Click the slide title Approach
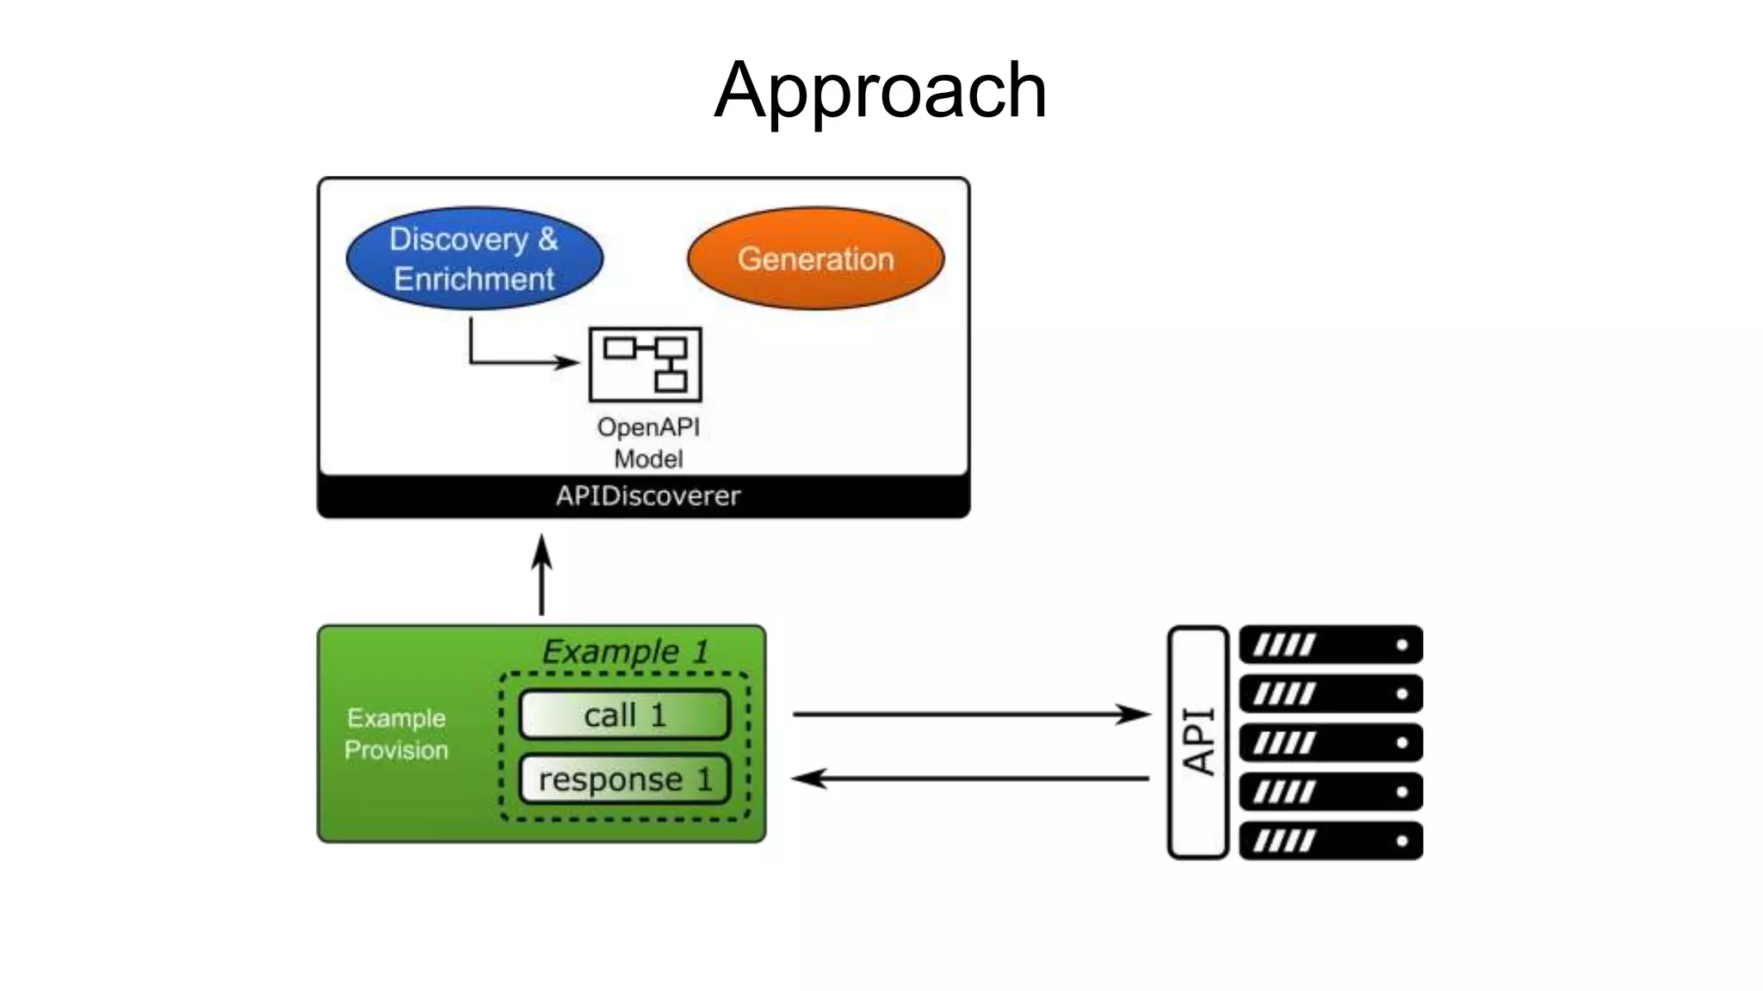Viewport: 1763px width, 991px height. pyautogui.click(x=881, y=91)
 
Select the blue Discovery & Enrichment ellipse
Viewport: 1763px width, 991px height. pyautogui.click(x=474, y=258)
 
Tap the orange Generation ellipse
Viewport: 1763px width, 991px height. pyautogui.click(x=815, y=258)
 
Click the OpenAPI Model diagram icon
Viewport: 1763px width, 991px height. pyautogui.click(x=645, y=364)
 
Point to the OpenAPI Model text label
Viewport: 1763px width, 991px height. pyautogui.click(x=648, y=442)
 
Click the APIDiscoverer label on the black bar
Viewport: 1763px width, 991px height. pyautogui.click(x=647, y=496)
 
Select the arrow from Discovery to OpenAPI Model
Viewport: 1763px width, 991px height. pyautogui.click(x=517, y=361)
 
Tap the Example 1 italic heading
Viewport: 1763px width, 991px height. pyautogui.click(x=625, y=651)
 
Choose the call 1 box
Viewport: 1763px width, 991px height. pyautogui.click(x=625, y=715)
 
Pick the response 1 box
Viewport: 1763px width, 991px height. pyautogui.click(x=625, y=779)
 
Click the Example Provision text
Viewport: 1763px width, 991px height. pyautogui.click(x=396, y=734)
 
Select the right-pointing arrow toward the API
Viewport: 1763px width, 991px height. pyautogui.click(x=970, y=714)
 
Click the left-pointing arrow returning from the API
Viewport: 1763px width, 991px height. pyautogui.click(x=970, y=779)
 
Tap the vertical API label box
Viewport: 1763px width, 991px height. pyautogui.click(x=1197, y=742)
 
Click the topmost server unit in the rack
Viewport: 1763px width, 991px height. pyautogui.click(x=1331, y=644)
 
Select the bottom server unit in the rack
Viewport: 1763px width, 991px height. pyautogui.click(x=1331, y=840)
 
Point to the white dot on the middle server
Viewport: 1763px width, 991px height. pyautogui.click(x=1401, y=742)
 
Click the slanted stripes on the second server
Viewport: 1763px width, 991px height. pyautogui.click(x=1284, y=693)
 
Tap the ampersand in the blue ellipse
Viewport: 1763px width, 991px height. pyautogui.click(x=547, y=239)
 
